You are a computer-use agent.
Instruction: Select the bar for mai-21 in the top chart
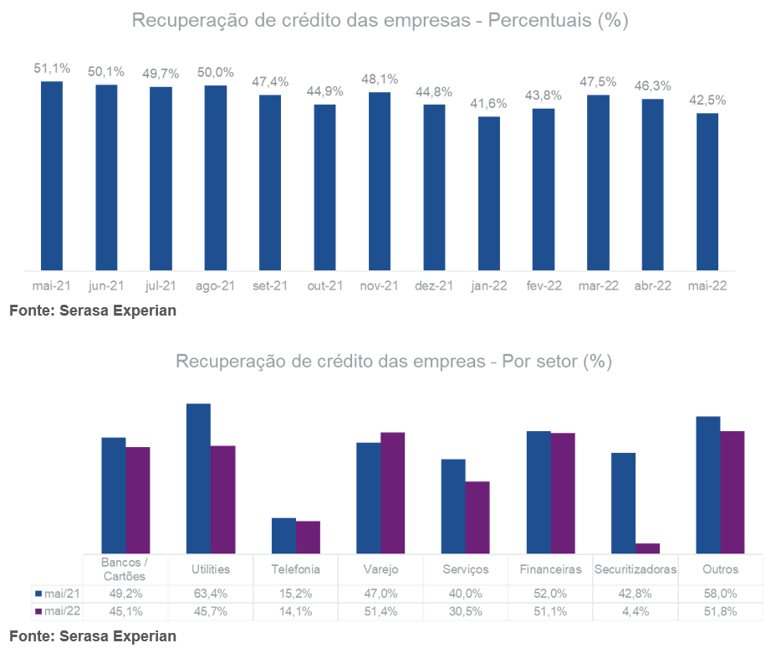[52, 176]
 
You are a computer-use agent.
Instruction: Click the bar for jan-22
[489, 193]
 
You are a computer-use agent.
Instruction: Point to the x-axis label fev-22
[544, 285]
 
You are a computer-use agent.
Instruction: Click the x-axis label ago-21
[215, 285]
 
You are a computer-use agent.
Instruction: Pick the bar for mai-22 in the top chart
[707, 192]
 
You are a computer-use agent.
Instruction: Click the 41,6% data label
[489, 103]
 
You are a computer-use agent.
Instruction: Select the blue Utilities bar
[198, 478]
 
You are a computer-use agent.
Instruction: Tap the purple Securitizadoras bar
[647, 548]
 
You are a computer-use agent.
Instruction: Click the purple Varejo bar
[393, 492]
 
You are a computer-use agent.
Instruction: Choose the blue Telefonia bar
[283, 535]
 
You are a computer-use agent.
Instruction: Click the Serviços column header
[465, 569]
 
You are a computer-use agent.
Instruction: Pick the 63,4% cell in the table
[210, 593]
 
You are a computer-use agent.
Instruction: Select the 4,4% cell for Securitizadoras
[635, 611]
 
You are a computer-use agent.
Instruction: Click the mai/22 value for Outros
[720, 611]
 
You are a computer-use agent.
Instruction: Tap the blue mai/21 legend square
[38, 593]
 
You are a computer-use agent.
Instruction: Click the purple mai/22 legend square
[38, 611]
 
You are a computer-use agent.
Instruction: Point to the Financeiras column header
[550, 569]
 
